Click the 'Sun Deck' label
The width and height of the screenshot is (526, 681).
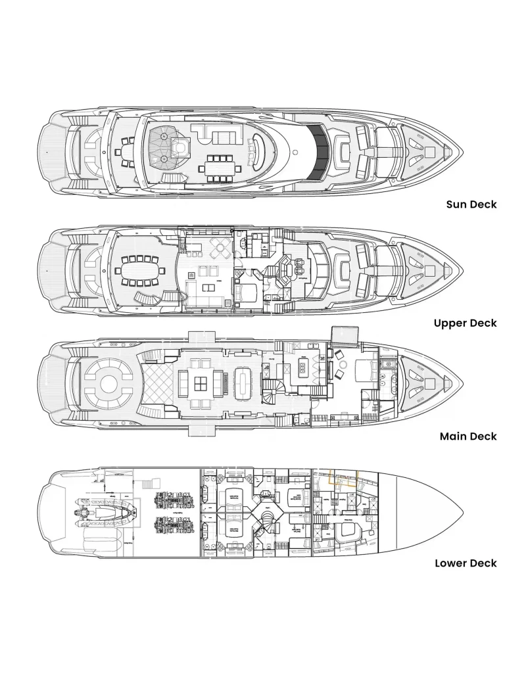tap(471, 204)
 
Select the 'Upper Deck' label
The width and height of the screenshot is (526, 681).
tap(465, 323)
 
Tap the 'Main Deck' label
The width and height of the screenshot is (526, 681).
tap(468, 436)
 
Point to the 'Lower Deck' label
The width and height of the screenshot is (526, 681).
tap(466, 563)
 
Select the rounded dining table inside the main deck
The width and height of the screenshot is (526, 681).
tap(242, 382)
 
